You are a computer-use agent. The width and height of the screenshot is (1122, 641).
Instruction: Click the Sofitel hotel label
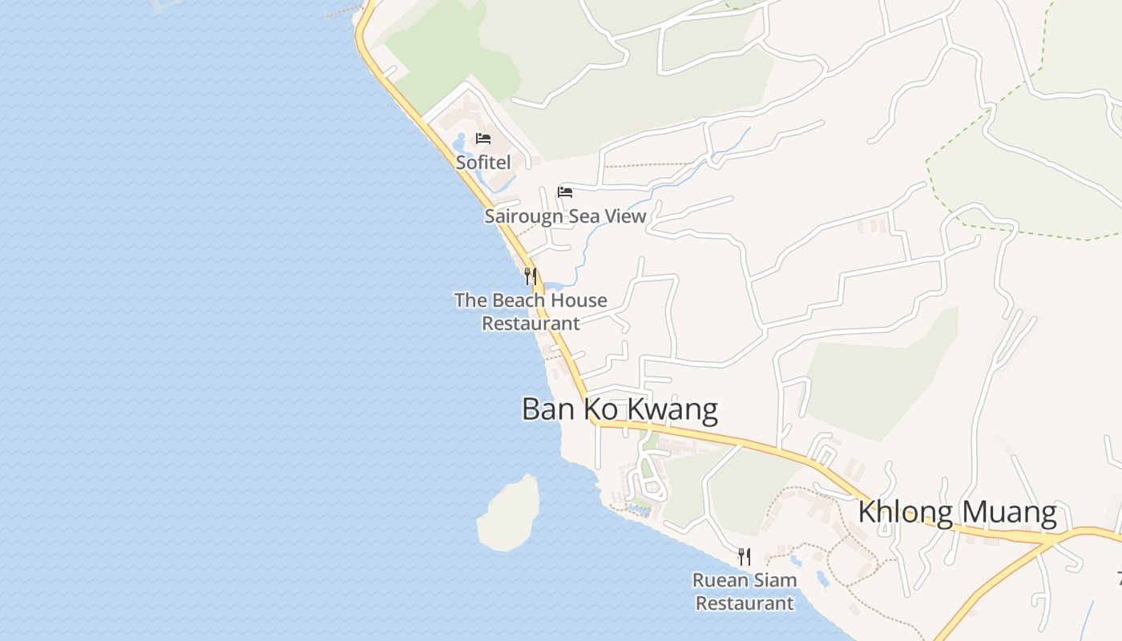click(483, 162)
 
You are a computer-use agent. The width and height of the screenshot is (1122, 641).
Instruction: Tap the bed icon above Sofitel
click(482, 139)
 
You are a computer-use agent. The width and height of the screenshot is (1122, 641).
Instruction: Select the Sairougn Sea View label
click(565, 216)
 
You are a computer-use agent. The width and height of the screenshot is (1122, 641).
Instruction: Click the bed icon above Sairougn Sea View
click(565, 192)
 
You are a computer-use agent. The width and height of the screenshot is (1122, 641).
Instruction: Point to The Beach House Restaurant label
click(531, 312)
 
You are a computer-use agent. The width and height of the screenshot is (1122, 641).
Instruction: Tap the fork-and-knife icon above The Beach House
click(530, 276)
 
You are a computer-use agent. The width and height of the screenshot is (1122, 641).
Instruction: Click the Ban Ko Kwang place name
click(620, 409)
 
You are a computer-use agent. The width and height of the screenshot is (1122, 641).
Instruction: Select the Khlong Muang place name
click(957, 511)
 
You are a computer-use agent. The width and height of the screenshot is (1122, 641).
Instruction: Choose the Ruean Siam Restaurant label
click(745, 591)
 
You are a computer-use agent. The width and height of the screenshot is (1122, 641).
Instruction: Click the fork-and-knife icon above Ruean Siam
click(745, 556)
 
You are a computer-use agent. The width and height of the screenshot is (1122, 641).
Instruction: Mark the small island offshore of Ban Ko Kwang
click(509, 514)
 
